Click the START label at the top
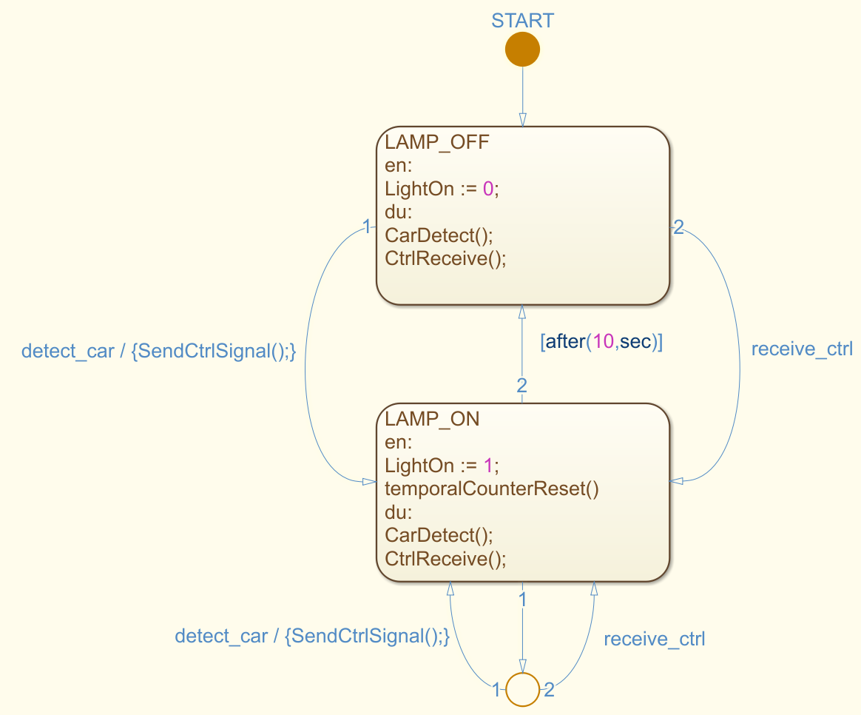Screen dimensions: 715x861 [522, 21]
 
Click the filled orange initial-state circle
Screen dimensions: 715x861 [522, 50]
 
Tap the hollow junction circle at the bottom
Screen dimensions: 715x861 [522, 690]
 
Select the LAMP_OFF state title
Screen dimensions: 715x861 [436, 142]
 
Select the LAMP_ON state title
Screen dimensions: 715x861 [432, 419]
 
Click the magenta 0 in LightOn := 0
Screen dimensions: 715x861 [487, 189]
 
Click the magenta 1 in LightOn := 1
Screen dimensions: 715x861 [487, 466]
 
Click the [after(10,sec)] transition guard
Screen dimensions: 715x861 [601, 343]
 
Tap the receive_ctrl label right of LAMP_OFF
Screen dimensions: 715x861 [802, 349]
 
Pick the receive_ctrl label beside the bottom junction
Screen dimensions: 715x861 [654, 640]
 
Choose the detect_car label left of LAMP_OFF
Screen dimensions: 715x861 [159, 351]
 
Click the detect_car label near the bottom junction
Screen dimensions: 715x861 [312, 636]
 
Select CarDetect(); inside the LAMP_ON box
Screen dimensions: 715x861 [439, 534]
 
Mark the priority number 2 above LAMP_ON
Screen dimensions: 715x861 [521, 385]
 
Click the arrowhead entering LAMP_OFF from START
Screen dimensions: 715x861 [522, 120]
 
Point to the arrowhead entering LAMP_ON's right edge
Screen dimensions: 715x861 [677, 482]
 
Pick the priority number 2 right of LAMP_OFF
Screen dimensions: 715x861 [678, 228]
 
